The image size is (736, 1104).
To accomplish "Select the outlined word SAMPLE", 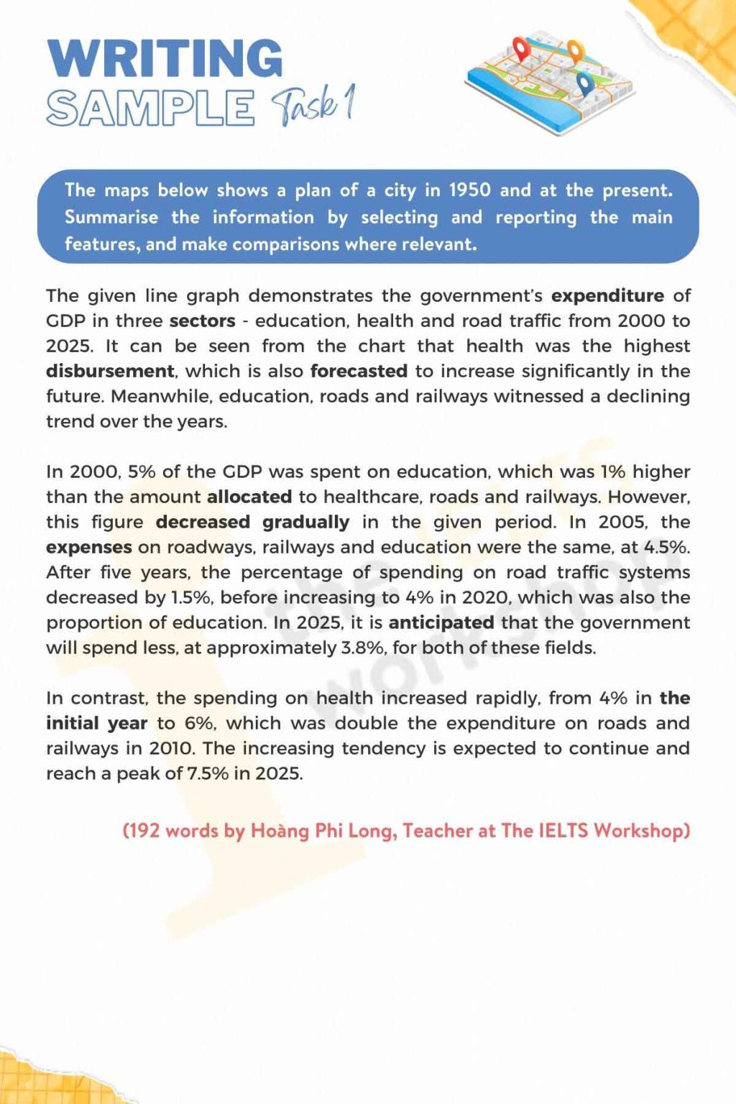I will tap(150, 108).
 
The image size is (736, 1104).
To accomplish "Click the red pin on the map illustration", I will tap(520, 49).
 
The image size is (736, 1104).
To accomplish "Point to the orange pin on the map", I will tap(575, 50).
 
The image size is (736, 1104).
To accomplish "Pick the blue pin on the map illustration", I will tap(586, 84).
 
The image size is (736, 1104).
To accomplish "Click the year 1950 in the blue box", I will tap(470, 190).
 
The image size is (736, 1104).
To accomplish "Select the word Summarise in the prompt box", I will tap(111, 217).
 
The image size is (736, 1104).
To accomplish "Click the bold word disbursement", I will tap(110, 371).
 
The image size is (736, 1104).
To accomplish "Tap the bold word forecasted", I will tap(359, 371).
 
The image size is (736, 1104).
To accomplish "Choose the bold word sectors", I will tap(203, 321).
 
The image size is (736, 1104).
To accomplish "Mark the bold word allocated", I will tap(249, 497).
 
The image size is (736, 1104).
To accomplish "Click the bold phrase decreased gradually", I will tap(252, 522).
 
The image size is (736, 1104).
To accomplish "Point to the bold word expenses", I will tap(89, 547).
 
